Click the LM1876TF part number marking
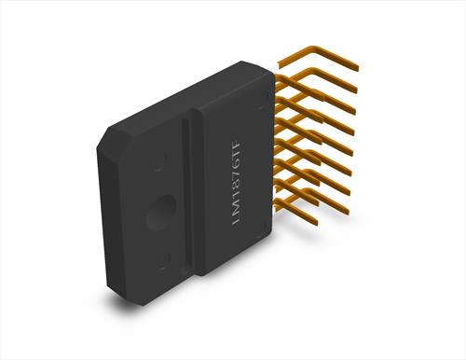click(x=237, y=183)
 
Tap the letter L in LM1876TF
click(x=236, y=220)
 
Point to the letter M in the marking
click(x=237, y=208)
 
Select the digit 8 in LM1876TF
click(x=237, y=189)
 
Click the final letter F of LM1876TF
click(x=238, y=145)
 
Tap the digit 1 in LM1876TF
click(x=237, y=198)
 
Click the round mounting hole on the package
click(x=161, y=213)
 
